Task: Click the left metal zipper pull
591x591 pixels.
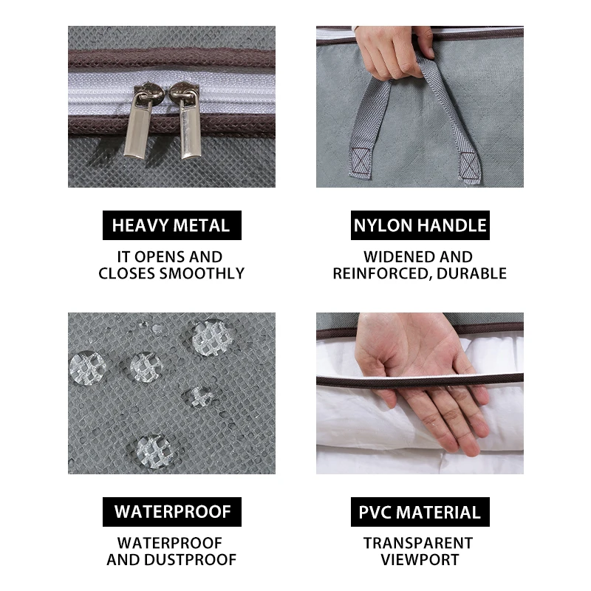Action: click(139, 123)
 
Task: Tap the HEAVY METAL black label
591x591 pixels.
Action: click(172, 225)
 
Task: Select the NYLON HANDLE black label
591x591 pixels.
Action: click(420, 225)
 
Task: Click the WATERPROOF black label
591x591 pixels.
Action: click(172, 511)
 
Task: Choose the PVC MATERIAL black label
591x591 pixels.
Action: click(420, 511)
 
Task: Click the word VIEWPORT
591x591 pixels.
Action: click(420, 560)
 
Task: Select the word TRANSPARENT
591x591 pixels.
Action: click(418, 543)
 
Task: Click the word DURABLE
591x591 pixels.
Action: click(471, 273)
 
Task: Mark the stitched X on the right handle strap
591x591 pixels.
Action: click(469, 165)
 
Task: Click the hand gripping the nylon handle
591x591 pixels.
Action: click(394, 52)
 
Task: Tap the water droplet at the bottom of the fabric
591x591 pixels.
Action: click(154, 451)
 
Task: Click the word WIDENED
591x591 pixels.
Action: click(399, 256)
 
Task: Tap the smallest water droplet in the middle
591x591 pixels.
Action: click(199, 397)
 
